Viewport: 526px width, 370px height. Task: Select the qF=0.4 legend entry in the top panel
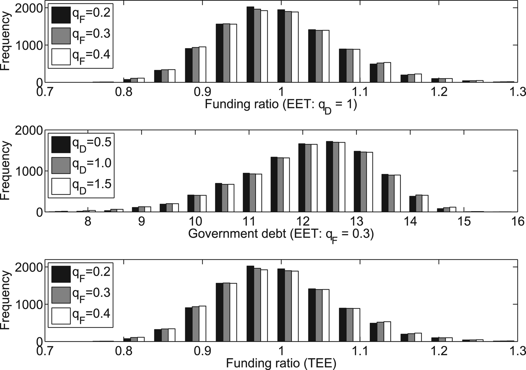(80, 56)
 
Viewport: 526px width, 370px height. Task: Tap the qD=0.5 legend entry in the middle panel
(80, 144)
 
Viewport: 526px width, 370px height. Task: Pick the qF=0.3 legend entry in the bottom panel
(80, 294)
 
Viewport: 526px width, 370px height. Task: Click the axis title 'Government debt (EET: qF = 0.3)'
(280, 234)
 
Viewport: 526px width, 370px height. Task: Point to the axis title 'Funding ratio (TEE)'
(281, 363)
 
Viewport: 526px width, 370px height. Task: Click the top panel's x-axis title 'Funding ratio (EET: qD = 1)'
(280, 104)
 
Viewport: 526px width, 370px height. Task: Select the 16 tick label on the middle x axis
(518, 221)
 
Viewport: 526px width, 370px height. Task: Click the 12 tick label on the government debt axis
(302, 221)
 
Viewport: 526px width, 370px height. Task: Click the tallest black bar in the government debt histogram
(330, 177)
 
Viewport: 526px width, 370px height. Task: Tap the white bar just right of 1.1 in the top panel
(356, 66)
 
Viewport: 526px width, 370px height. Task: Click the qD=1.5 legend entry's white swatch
(60, 186)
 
